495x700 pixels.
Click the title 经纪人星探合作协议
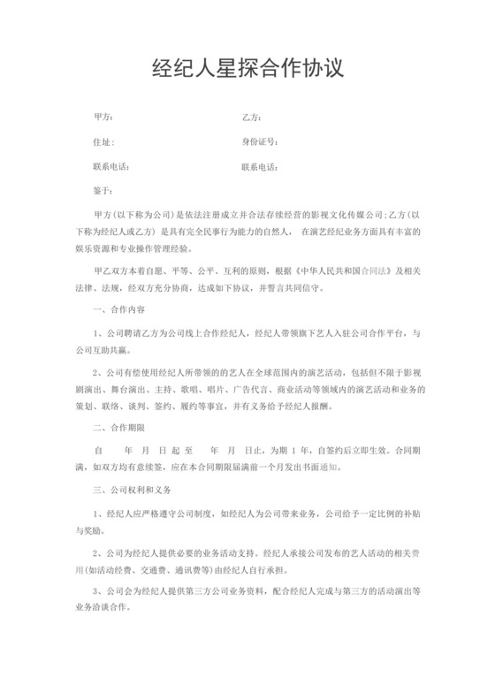[247, 69]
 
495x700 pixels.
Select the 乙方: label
[251, 118]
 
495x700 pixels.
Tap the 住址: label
[103, 141]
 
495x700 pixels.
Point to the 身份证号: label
[260, 141]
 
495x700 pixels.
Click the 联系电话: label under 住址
[110, 166]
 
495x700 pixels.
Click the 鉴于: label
[103, 190]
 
